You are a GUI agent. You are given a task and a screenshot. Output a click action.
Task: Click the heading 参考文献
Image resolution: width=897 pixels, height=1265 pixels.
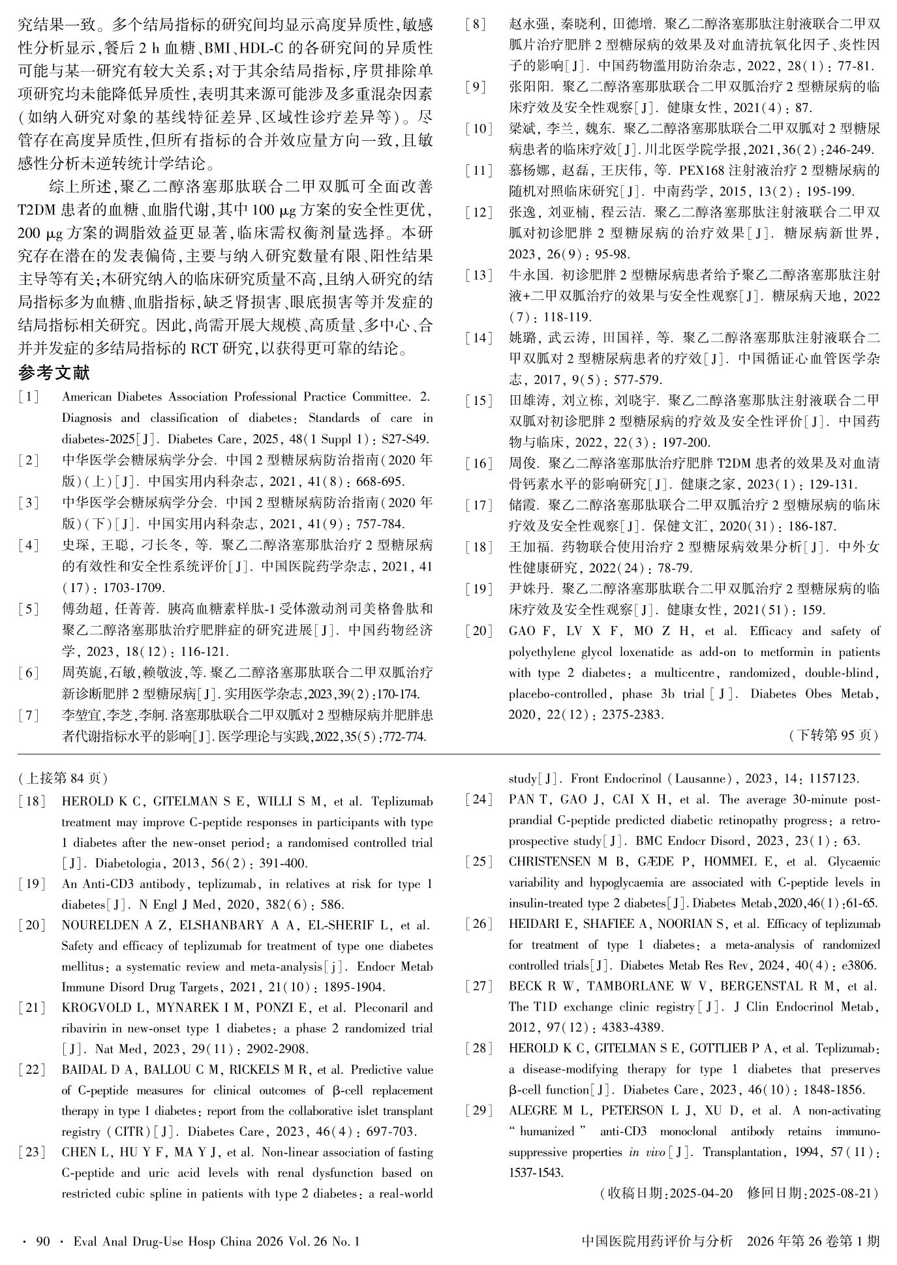tap(54, 374)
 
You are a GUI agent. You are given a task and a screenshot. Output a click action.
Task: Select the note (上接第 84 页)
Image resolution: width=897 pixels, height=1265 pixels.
tap(63, 778)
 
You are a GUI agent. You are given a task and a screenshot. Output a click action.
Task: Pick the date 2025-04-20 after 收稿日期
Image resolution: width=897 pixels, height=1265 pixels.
tap(701, 1193)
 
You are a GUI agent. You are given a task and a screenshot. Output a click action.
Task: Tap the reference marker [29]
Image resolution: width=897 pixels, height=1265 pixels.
tap(479, 1110)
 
